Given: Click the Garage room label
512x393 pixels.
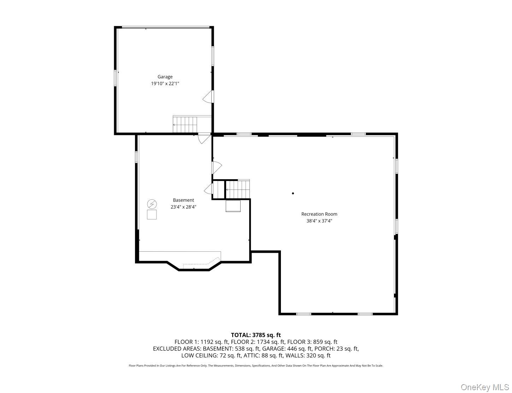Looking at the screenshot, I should tap(165, 77).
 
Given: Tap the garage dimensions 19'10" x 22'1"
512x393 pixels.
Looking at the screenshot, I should tap(165, 84).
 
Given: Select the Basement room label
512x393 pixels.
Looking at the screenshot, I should tap(183, 200).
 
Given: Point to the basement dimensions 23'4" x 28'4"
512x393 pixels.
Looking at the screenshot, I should tap(183, 207).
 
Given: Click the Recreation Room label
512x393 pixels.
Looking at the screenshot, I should tap(319, 214).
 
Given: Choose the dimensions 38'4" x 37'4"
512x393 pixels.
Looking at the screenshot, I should tap(319, 221).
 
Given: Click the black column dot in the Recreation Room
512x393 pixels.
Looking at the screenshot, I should tap(293, 193).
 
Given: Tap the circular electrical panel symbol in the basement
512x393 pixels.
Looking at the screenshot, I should tap(152, 204).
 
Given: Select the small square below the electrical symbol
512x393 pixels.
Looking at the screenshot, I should tap(152, 215).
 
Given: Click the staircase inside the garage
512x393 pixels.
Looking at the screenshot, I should tap(184, 124).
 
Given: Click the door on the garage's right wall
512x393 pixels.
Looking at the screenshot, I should tap(208, 96).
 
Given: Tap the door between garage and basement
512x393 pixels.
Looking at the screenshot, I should tap(204, 138).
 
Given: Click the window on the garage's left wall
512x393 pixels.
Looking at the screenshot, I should tap(115, 78).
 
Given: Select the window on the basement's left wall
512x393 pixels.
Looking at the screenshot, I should tap(136, 157).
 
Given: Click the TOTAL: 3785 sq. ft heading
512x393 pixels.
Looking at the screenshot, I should tap(256, 335).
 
